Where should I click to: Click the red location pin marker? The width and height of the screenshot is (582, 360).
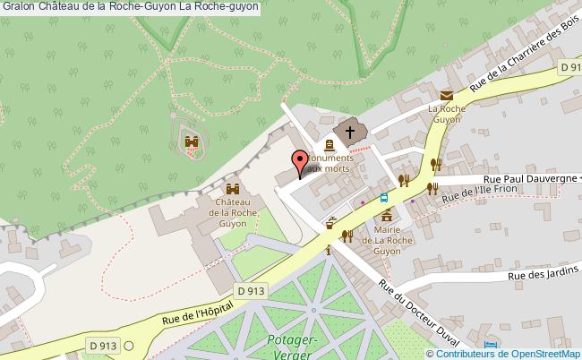point(298,163)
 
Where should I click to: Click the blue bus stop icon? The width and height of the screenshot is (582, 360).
point(384,198)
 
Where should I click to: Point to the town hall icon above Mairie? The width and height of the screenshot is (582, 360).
point(388,217)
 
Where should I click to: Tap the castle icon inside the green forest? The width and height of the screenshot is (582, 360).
point(190,141)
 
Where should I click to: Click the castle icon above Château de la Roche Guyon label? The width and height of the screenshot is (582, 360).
point(233,189)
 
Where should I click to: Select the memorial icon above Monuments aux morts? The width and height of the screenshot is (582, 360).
point(329,144)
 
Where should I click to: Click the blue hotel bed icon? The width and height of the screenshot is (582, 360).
point(488,345)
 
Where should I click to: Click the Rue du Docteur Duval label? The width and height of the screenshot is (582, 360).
point(418,313)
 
